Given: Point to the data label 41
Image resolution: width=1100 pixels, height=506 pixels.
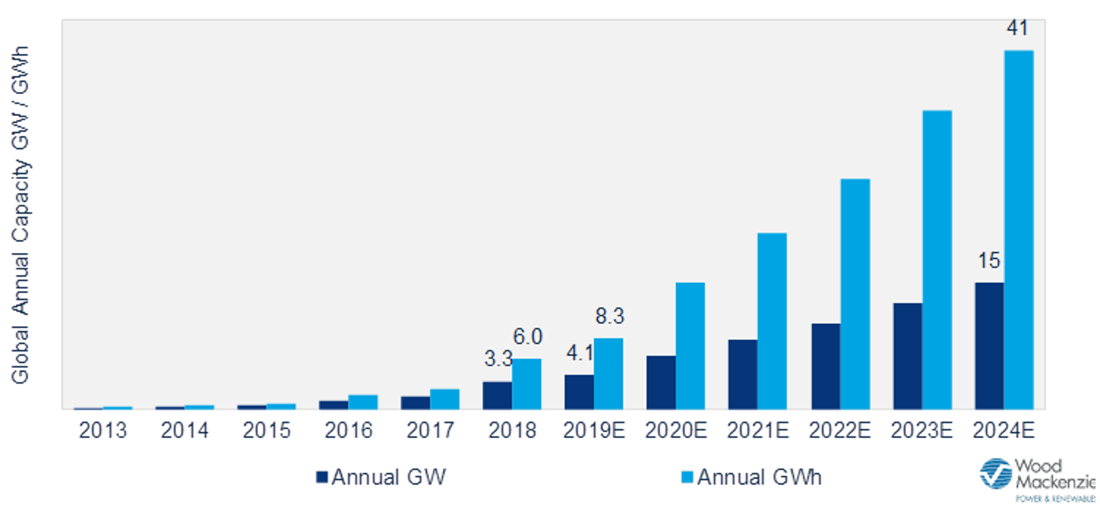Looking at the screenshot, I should pos(1018,28).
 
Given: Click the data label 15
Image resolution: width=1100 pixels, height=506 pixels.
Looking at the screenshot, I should pos(989,261).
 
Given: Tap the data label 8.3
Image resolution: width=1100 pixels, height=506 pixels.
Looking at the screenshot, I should pos(609,316).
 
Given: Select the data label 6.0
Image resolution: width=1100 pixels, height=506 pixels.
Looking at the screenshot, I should pos(527,337).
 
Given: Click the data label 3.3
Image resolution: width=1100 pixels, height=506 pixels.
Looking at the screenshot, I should pos(498,359).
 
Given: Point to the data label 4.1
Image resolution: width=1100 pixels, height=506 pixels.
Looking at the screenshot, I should pos(579,353).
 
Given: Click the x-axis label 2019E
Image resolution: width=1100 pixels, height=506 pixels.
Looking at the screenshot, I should pos(594,430).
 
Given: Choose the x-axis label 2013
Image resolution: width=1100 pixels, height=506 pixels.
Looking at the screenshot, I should pos(103,430).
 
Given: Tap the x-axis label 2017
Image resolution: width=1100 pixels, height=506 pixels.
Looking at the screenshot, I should pos(430,430).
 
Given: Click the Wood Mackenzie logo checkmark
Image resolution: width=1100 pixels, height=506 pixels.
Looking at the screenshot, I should pos(995,474).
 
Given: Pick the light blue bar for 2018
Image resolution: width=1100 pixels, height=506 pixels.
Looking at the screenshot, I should pos(526,384).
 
